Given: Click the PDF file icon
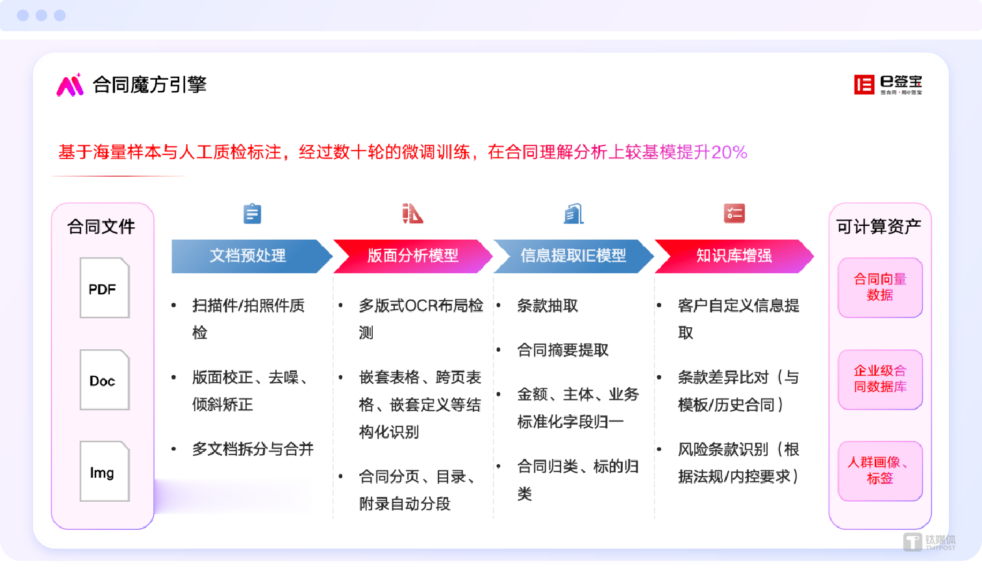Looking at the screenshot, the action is (x=105, y=288).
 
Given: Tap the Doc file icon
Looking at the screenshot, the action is (x=105, y=380).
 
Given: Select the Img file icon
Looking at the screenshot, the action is (x=105, y=471).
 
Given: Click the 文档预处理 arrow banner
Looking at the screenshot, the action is (x=248, y=256).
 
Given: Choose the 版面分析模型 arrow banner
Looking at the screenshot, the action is (x=412, y=256).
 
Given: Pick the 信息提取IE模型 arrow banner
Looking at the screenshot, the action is (x=573, y=256).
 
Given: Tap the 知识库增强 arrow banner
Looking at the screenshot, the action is (x=734, y=256).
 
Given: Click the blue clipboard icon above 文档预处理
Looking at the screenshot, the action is (x=252, y=214).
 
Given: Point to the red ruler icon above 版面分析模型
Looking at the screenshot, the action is (x=412, y=214).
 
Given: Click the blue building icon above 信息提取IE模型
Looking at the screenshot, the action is (x=573, y=214).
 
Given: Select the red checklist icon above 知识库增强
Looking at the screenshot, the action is (x=734, y=214).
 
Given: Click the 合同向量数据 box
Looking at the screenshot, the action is (x=880, y=287).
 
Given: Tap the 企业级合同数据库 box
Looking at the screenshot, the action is (x=880, y=379).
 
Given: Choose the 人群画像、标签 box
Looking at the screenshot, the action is (x=880, y=471).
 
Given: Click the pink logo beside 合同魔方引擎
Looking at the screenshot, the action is (x=70, y=85).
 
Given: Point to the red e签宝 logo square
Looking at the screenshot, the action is (x=864, y=84).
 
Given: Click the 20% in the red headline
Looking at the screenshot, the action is (x=729, y=153).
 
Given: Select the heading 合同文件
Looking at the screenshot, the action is (x=101, y=227).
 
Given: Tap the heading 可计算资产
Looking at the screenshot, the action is (x=879, y=227).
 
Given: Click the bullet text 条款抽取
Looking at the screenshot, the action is (x=548, y=306).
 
